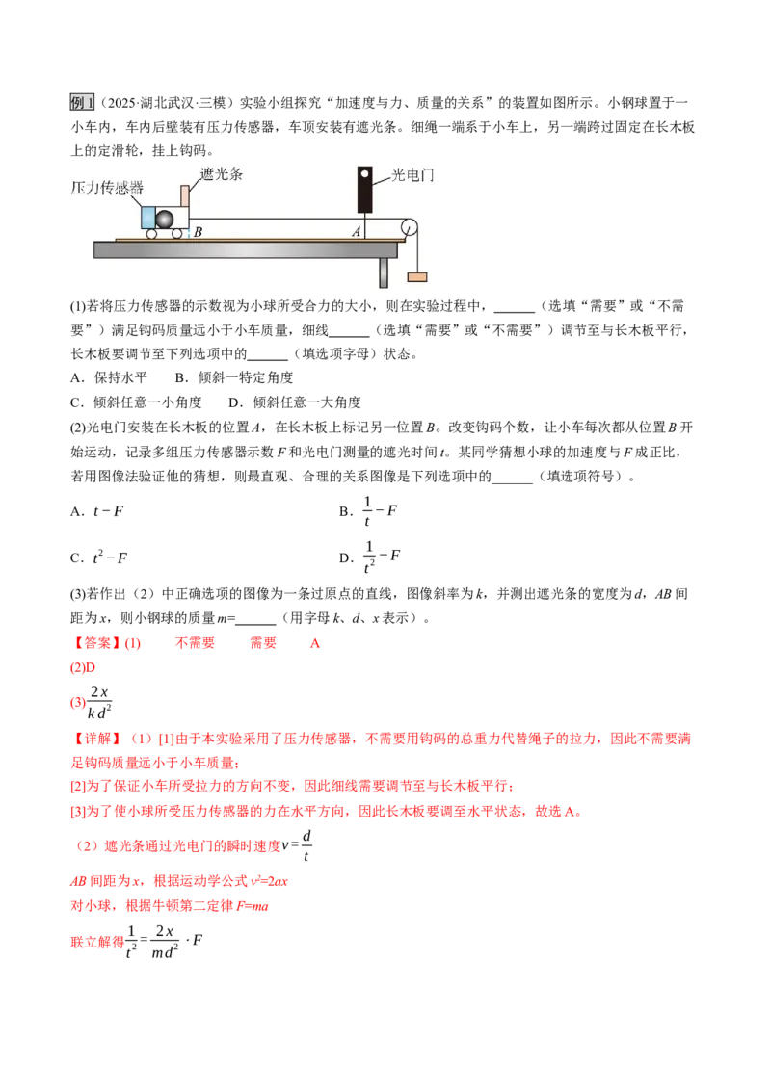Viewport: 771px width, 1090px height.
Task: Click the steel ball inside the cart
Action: (164, 219)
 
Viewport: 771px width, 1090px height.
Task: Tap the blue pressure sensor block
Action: (148, 218)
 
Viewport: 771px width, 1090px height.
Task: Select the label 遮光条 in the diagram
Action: (222, 174)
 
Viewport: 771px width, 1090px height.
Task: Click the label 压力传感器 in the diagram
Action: (107, 188)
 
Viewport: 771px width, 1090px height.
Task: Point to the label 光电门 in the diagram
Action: (412, 175)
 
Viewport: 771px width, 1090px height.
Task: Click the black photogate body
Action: (364, 189)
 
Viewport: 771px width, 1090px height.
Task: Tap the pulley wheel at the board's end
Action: (409, 227)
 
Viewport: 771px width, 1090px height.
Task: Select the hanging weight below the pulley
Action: (416, 276)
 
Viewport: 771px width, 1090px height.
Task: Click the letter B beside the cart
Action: (198, 232)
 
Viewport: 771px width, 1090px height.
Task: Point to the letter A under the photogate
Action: (357, 232)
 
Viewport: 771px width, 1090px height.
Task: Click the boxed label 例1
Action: (82, 103)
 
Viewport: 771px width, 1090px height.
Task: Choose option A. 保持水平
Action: (109, 377)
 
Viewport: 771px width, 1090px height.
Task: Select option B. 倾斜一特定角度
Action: (234, 377)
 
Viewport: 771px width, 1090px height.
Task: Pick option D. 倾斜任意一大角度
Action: (295, 402)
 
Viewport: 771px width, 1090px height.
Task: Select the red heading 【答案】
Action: (96, 643)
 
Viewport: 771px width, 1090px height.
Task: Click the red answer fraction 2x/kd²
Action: (99, 702)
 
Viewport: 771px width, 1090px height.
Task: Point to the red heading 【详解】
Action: (96, 739)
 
